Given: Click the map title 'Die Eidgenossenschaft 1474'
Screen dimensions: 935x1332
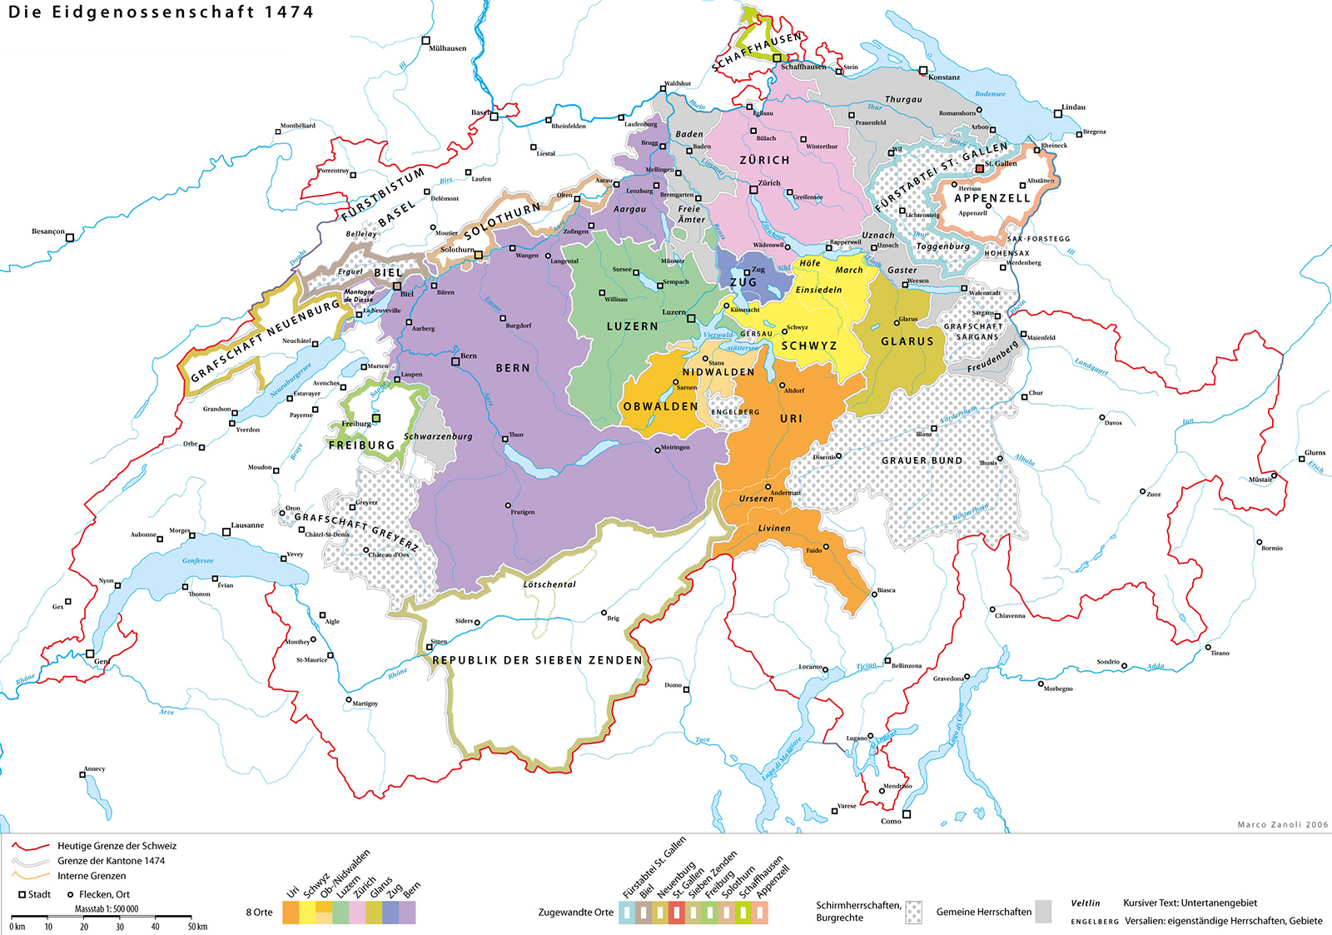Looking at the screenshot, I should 161,12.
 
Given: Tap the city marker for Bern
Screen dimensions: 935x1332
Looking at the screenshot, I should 455,361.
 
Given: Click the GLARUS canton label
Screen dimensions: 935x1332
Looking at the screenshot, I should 907,341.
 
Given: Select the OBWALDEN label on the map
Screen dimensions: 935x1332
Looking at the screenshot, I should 660,406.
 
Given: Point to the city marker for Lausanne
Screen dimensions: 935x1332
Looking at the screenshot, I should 226,531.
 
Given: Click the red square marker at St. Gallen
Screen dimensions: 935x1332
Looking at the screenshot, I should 979,169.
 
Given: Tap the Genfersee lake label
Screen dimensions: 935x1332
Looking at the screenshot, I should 198,560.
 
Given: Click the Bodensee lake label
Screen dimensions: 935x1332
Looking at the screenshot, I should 990,94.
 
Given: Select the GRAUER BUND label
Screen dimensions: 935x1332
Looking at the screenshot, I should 922,460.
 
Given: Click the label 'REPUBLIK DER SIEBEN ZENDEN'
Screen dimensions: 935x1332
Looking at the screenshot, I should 537,659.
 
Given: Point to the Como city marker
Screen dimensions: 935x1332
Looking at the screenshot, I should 907,814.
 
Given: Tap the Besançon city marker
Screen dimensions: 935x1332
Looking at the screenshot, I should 70,237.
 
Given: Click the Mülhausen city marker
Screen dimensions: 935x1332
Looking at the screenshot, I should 426,40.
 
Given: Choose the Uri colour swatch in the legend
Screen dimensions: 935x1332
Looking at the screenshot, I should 291,913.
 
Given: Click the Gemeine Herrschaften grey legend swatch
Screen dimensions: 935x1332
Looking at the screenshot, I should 1042,912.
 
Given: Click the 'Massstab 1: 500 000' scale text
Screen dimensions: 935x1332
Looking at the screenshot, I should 107,909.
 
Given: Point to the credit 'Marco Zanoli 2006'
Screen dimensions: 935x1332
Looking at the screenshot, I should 1282,824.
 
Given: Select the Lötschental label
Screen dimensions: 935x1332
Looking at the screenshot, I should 549,584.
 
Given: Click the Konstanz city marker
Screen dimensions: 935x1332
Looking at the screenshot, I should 923,71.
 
